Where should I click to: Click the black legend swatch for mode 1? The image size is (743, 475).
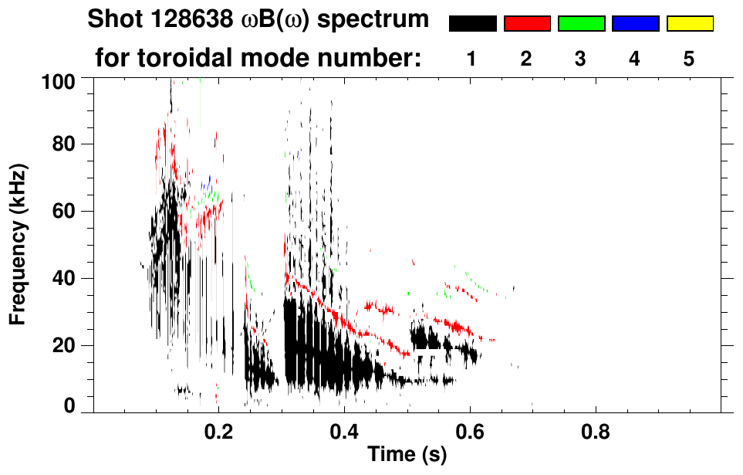coord(472,24)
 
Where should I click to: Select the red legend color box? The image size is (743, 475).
coord(527,24)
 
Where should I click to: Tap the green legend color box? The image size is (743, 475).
coord(581,24)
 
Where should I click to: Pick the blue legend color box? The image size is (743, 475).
coord(635,24)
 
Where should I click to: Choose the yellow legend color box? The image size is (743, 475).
coord(689,24)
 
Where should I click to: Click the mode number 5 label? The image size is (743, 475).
coord(689,59)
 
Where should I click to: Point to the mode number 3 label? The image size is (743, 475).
coord(580,59)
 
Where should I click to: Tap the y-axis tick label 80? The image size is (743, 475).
coord(69,144)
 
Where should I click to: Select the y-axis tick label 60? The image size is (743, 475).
coord(69,211)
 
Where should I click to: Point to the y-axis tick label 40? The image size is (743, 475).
coord(69,278)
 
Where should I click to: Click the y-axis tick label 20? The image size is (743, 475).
coord(69,345)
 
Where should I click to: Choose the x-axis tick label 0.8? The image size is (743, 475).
coord(595,431)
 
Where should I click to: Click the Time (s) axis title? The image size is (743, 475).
coord(407,456)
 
